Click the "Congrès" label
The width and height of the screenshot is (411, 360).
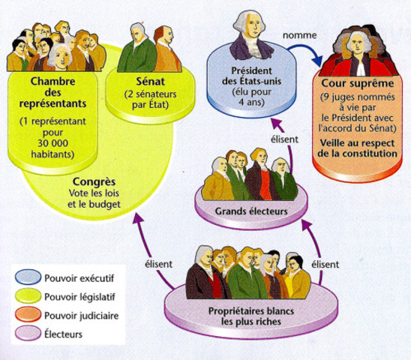coord(94,181)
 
